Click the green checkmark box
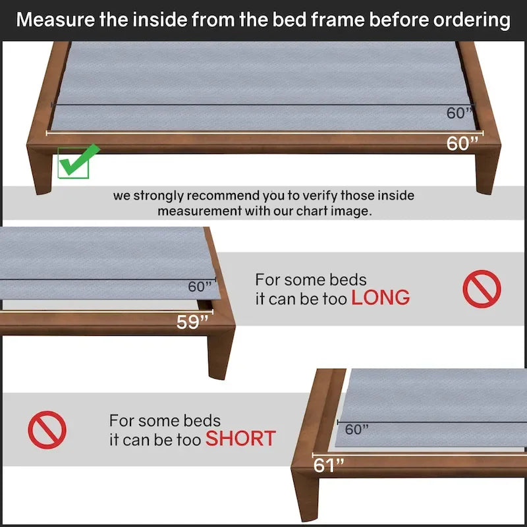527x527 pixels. click(73, 163)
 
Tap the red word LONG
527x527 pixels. click(380, 297)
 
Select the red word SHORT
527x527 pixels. click(240, 438)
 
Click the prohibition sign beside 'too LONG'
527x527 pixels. click(482, 290)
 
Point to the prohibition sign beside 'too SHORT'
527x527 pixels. click(47, 430)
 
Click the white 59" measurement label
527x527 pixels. click(192, 322)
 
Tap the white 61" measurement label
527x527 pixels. click(329, 466)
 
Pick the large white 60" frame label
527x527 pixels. click(462, 142)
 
